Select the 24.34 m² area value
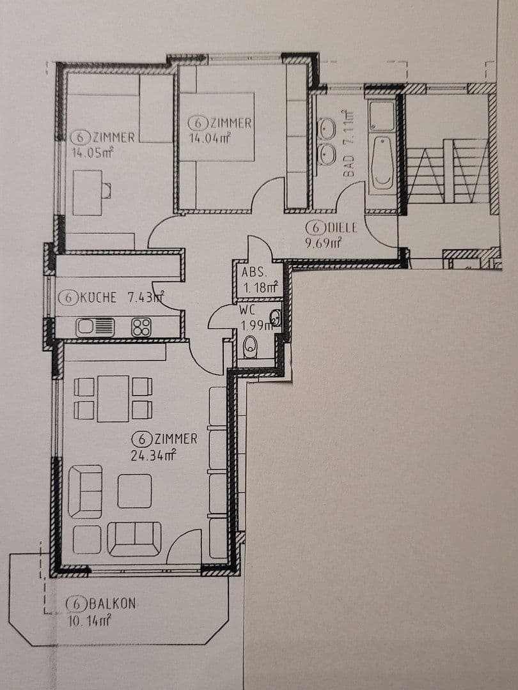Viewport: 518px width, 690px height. (148, 455)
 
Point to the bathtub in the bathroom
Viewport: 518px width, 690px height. (382, 163)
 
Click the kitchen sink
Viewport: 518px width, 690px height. (95, 327)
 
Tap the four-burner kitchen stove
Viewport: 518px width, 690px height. (141, 327)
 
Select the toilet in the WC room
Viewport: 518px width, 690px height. (250, 348)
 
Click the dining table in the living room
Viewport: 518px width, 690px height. (113, 399)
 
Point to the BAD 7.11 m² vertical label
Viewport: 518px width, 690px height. (349, 144)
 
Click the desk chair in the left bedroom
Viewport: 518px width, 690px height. (106, 190)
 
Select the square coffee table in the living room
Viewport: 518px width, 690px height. (134, 491)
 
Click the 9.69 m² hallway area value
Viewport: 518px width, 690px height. (323, 243)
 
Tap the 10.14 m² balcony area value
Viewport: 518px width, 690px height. (90, 619)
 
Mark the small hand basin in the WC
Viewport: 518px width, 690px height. (275, 317)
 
